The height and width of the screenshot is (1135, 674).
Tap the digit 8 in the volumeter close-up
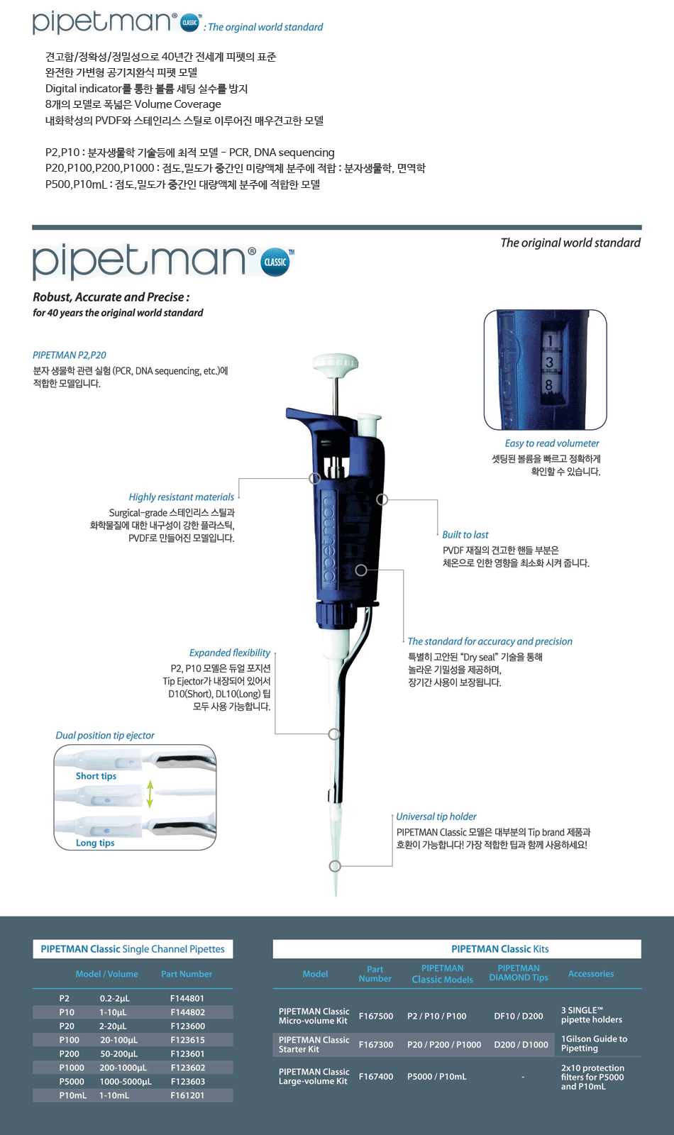549,385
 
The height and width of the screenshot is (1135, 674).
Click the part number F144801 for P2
187,998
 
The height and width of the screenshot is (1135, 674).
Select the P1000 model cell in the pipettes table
72,1068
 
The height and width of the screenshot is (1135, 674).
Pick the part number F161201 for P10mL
187,1095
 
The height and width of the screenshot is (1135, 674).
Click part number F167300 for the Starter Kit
376,1044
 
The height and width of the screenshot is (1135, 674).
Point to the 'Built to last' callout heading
465,535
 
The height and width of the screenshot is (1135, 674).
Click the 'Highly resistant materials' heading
182,497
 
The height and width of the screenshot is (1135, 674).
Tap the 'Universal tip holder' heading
436,816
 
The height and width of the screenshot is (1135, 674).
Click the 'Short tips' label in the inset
96,776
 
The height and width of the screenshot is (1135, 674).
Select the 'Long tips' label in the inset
95,843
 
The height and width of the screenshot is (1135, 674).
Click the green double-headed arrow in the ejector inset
150,794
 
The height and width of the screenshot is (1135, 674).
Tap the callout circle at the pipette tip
335,866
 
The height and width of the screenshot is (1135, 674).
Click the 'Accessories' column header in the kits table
591,973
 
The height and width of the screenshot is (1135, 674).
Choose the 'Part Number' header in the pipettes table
187,973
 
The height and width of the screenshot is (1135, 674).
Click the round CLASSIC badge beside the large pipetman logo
275,262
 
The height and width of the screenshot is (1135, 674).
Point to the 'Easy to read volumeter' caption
552,443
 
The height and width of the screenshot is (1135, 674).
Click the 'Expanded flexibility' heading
230,653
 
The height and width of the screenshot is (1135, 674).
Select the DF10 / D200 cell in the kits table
519,1016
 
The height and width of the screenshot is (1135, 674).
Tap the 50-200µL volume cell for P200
118,1054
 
